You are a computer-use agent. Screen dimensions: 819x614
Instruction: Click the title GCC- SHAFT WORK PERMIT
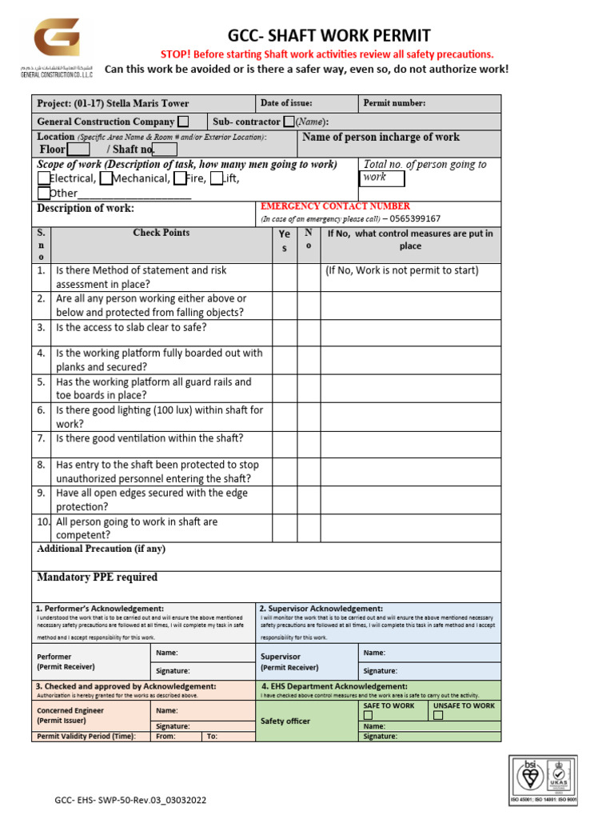click(329, 35)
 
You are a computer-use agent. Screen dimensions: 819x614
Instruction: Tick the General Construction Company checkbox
click(183, 122)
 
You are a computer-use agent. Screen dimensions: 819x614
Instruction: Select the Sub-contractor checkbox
click(289, 122)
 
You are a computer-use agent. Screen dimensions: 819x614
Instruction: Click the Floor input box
click(78, 150)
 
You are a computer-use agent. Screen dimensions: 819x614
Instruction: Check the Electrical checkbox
click(43, 178)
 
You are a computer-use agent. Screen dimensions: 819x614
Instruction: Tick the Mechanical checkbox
click(106, 178)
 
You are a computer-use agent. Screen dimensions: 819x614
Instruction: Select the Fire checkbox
click(180, 178)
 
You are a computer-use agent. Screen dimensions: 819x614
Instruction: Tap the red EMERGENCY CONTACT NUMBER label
click(335, 206)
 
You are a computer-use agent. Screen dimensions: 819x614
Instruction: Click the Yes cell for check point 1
click(285, 277)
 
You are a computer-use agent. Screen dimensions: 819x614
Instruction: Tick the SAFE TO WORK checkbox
click(369, 716)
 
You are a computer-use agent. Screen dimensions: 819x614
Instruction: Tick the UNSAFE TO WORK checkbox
click(437, 716)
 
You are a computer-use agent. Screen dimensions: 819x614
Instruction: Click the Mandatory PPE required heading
click(98, 577)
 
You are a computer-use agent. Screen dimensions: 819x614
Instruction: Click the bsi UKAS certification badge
click(544, 778)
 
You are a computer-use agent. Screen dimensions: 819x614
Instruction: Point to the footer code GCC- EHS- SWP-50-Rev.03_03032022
click(130, 800)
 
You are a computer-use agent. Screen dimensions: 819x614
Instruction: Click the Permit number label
click(394, 103)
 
